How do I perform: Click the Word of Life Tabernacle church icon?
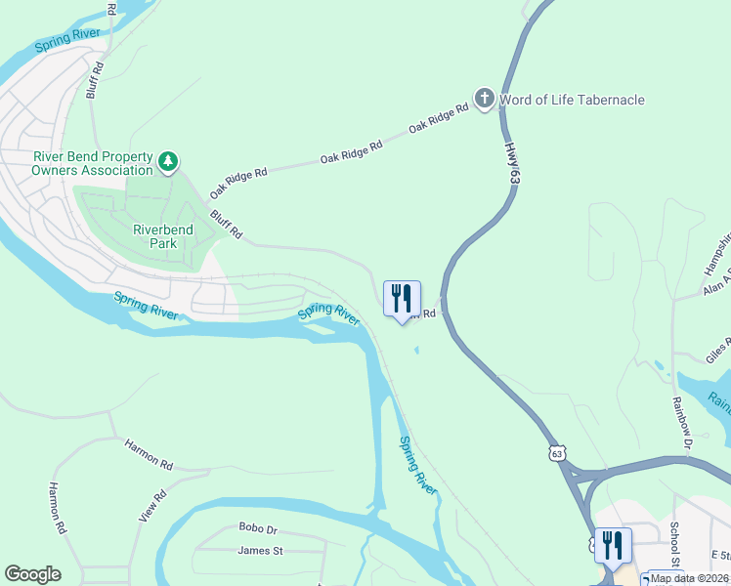coord(484,99)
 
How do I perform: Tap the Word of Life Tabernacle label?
coord(572,100)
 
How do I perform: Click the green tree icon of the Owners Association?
coord(169,159)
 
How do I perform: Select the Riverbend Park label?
coord(163,236)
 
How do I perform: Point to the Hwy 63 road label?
coord(511,163)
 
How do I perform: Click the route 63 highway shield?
coord(557,454)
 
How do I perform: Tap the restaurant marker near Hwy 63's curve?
coord(402,300)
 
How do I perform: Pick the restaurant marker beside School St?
coord(613,545)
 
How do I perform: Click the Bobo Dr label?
coord(258,528)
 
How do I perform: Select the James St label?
coord(260,551)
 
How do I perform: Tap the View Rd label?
coord(153,505)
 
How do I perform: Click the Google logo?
coord(32,574)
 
